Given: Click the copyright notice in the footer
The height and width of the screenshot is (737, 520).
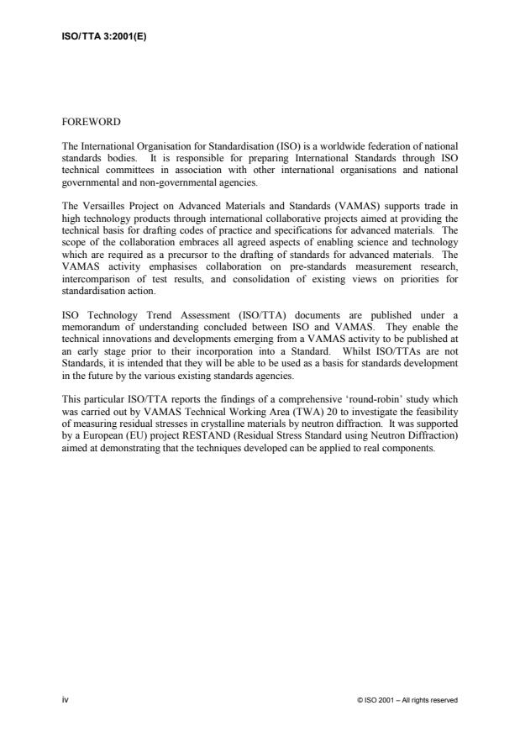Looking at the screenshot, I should pos(407,699).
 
